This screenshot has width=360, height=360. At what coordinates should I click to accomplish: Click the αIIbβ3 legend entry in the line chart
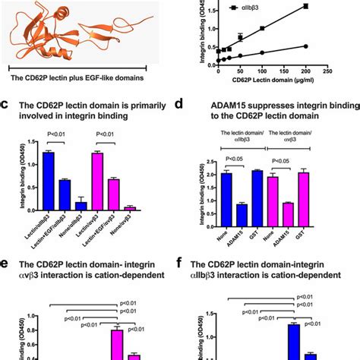(x=254, y=11)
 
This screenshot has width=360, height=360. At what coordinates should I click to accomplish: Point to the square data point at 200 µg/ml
(x=305, y=6)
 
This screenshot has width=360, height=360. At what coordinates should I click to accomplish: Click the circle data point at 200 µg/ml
(x=305, y=46)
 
